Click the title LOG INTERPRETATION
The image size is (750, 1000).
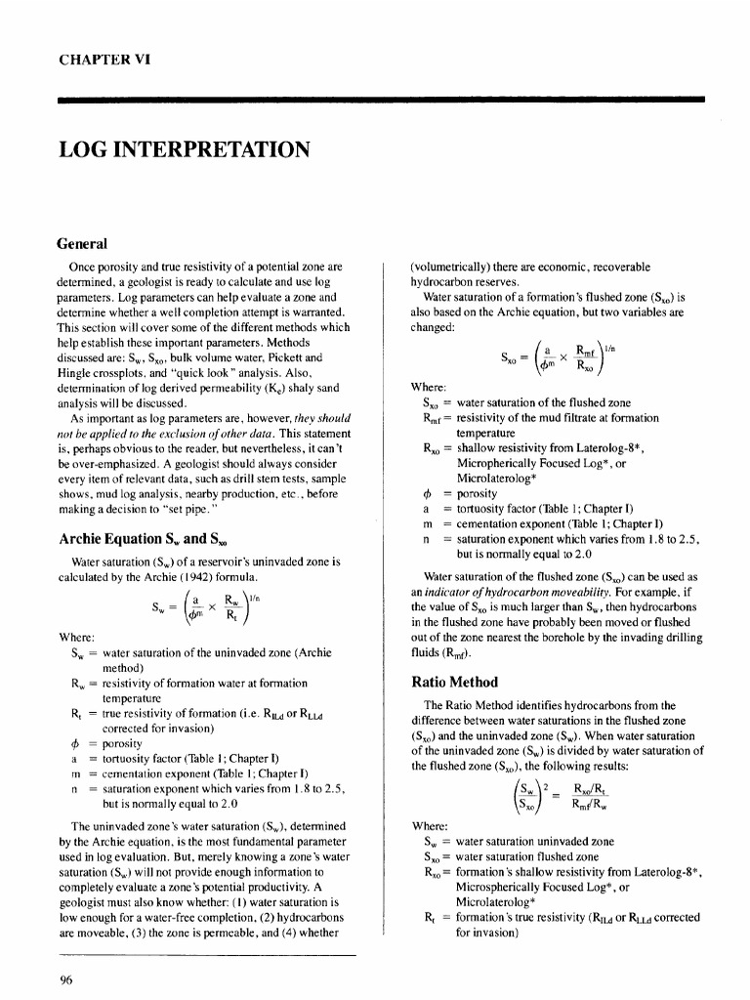[185, 149]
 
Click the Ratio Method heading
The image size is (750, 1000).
[455, 681]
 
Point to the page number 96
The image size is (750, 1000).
[67, 982]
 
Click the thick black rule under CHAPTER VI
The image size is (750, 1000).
[381, 99]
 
